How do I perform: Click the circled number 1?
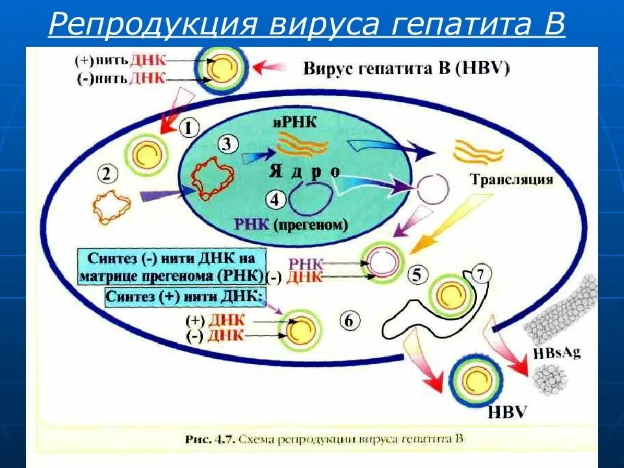coord(188,128)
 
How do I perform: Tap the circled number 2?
coord(108,174)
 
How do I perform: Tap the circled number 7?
coord(480,274)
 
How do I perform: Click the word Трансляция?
coord(513,180)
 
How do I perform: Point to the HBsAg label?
coord(556,352)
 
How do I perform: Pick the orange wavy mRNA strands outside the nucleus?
coord(479,151)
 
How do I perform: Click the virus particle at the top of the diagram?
coord(222,68)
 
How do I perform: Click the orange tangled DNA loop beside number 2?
coord(111,207)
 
